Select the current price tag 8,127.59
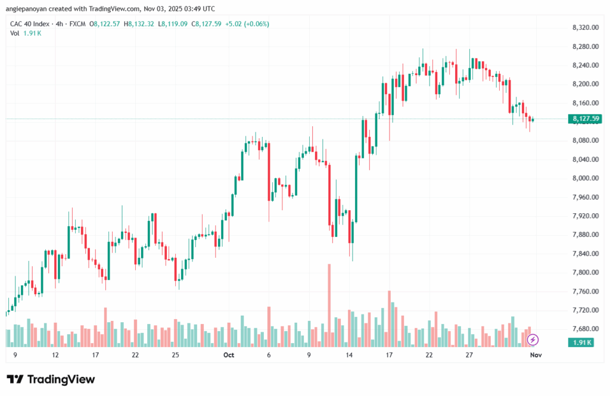(580, 119)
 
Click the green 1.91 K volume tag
(581, 342)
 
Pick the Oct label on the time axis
(228, 355)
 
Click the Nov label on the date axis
(536, 355)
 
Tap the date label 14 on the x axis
(349, 355)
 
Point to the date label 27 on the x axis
(469, 355)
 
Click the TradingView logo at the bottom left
(51, 379)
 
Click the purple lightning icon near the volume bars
(533, 339)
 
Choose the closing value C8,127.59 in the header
(204, 24)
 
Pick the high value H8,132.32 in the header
(138, 24)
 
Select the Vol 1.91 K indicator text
(26, 33)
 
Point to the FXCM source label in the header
(76, 24)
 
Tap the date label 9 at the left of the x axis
(14, 355)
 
